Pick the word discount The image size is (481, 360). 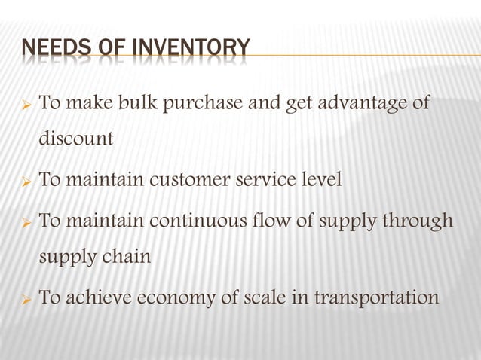click(x=76, y=139)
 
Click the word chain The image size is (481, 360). click(x=126, y=257)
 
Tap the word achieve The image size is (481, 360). click(x=95, y=297)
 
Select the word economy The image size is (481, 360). click(x=176, y=298)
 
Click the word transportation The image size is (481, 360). click(x=376, y=298)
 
